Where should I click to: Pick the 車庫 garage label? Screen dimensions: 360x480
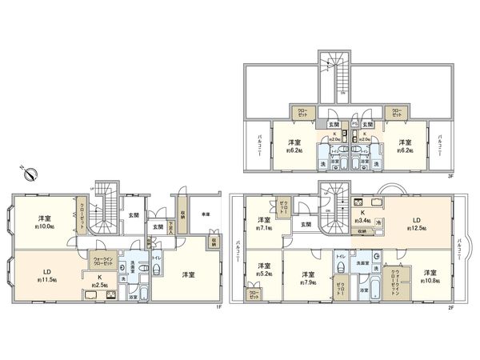pyautogui.click(x=206, y=214)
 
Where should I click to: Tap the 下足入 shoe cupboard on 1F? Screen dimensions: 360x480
pyautogui.click(x=170, y=224)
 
